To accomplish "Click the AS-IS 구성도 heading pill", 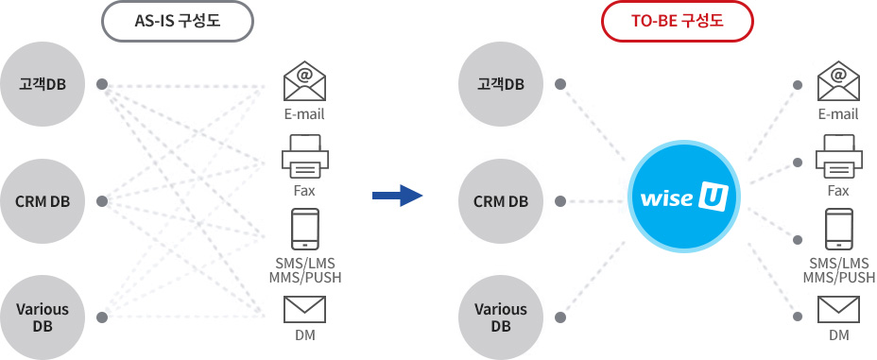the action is (x=178, y=21).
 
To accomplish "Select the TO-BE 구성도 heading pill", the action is (x=678, y=21).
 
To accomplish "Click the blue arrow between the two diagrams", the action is (x=398, y=196).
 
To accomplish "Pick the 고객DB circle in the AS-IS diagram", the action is (x=42, y=84).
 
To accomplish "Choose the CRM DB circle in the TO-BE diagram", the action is (x=501, y=201).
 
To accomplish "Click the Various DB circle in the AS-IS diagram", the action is (x=42, y=317).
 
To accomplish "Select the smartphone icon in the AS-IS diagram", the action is (x=305, y=229).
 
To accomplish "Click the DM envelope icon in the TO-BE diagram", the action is (x=838, y=309).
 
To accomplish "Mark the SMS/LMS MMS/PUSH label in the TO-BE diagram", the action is (x=839, y=270).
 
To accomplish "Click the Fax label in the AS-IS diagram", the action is (x=304, y=191).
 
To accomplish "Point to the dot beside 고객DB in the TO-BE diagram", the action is (x=561, y=84).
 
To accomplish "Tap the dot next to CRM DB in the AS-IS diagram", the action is (x=102, y=201).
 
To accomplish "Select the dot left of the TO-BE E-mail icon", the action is (x=799, y=85).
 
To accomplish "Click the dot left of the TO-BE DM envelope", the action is (x=799, y=317).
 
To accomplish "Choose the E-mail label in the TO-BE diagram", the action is (x=838, y=114).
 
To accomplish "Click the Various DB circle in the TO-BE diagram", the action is (x=501, y=317).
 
